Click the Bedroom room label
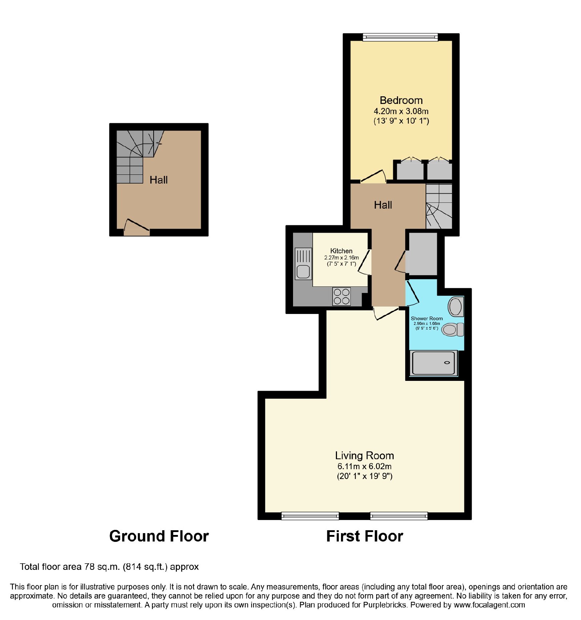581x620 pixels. pyautogui.click(x=401, y=100)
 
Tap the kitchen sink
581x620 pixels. pyautogui.click(x=303, y=263)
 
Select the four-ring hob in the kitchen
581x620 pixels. pyautogui.click(x=341, y=296)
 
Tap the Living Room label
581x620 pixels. pyautogui.click(x=364, y=455)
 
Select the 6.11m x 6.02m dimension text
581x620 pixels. pyautogui.click(x=364, y=466)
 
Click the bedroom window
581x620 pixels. pyautogui.click(x=400, y=37)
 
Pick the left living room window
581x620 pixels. pyautogui.click(x=310, y=516)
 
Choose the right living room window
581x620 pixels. pyautogui.click(x=399, y=516)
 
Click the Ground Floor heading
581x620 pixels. pyautogui.click(x=159, y=536)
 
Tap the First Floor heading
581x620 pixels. pyautogui.click(x=365, y=536)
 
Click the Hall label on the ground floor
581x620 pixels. pyautogui.click(x=159, y=180)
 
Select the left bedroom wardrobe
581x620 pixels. pyautogui.click(x=410, y=169)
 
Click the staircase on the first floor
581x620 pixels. pyautogui.click(x=439, y=206)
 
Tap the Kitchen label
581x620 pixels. pyautogui.click(x=341, y=251)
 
